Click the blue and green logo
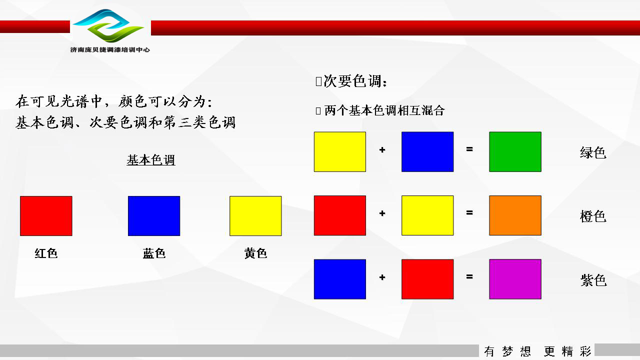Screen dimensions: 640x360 [108, 25]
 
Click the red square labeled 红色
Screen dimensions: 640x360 [46, 216]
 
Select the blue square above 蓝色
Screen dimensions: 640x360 [154, 216]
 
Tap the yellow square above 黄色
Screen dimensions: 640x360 [255, 216]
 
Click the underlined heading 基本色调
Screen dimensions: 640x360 [151, 160]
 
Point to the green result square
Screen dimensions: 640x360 [515, 151]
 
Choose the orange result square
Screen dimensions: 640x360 [515, 215]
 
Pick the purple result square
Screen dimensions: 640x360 [515, 279]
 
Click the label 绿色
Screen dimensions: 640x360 [593, 152]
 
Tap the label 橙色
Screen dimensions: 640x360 [593, 216]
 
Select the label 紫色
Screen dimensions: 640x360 [593, 280]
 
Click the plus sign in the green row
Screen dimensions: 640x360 [382, 149]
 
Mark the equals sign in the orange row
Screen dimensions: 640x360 [469, 212]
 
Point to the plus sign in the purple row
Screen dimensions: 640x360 [382, 277]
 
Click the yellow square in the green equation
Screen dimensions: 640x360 [339, 151]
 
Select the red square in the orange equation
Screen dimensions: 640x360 [339, 215]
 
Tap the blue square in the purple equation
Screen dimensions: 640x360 [339, 279]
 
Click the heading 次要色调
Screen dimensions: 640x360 [355, 81]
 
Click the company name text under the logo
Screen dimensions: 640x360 [110, 49]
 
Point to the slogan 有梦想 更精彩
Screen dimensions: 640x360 [537, 351]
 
